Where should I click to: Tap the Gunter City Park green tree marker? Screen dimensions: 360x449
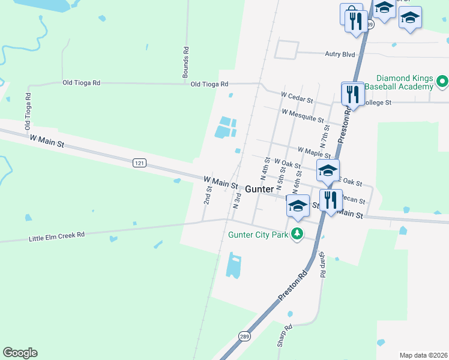(x=296, y=233)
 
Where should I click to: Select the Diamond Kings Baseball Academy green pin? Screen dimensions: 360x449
(x=442, y=80)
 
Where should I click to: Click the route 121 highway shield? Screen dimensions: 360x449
(x=139, y=163)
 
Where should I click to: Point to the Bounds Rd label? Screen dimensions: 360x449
(x=186, y=62)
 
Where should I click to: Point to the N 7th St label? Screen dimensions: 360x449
(x=325, y=136)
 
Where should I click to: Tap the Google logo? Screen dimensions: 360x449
(x=20, y=353)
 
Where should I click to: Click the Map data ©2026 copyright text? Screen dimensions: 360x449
(x=423, y=355)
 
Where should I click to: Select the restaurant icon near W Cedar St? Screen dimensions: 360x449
(x=352, y=94)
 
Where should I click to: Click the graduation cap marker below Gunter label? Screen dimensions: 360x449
(x=298, y=206)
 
